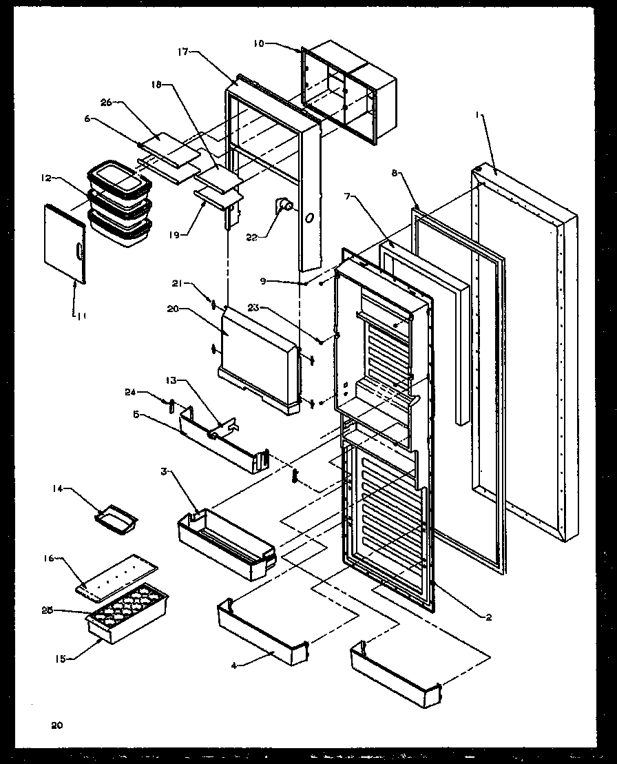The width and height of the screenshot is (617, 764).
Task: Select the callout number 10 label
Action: tap(258, 43)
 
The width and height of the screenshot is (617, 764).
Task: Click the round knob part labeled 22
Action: tap(284, 205)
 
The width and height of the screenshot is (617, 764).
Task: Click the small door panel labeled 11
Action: tap(64, 242)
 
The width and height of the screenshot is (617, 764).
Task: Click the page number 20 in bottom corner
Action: tap(56, 724)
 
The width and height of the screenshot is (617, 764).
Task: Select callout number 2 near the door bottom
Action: tap(488, 617)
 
